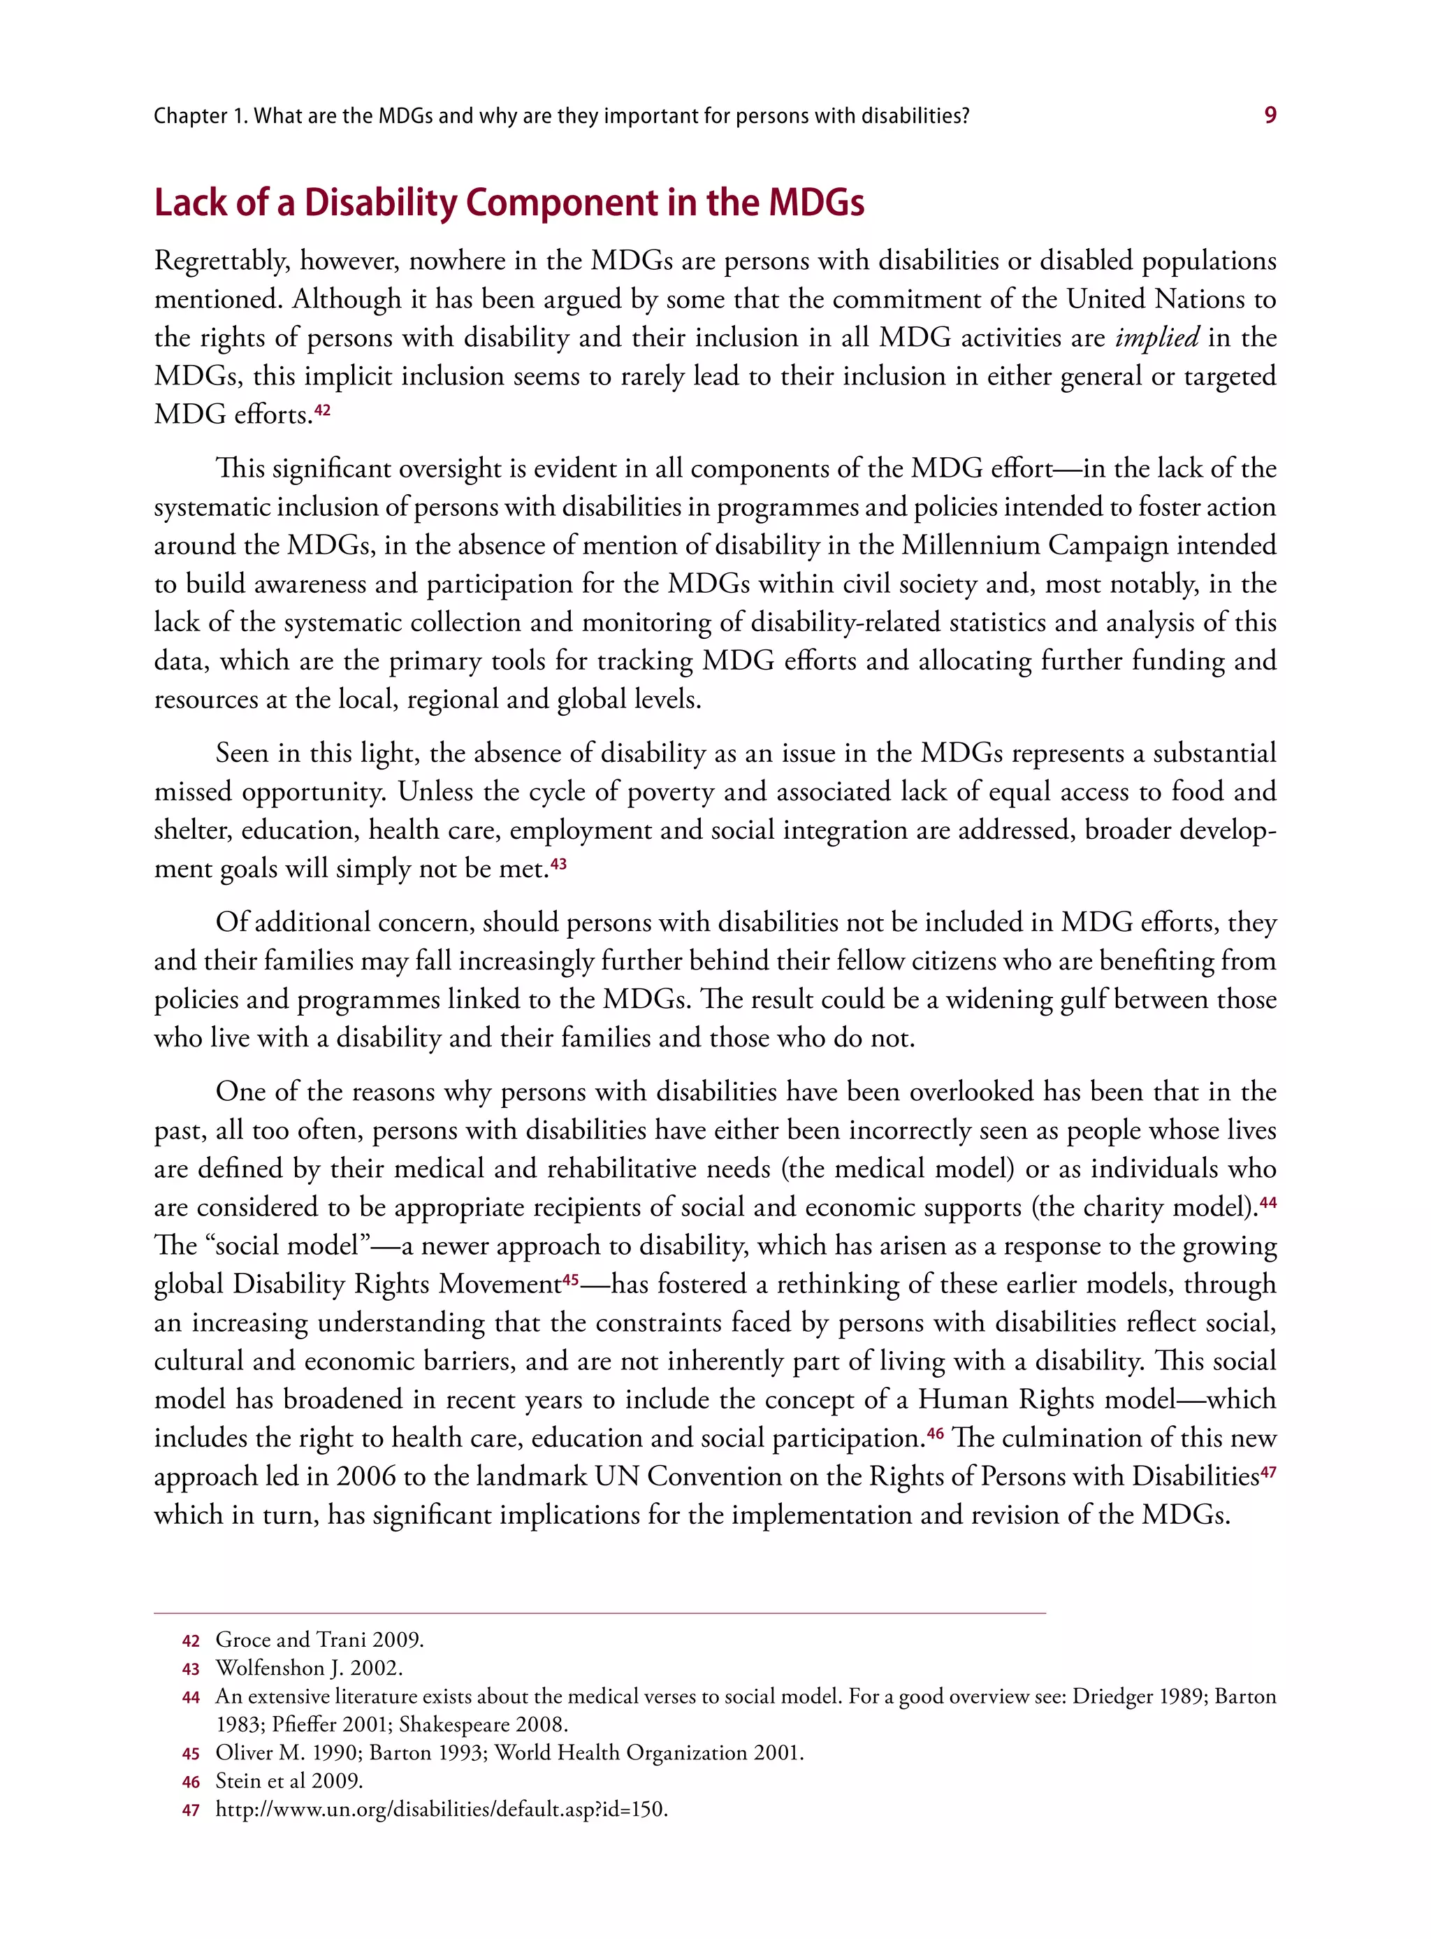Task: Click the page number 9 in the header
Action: tap(1270, 115)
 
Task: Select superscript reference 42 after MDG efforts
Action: tap(322, 410)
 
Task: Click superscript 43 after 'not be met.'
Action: tap(559, 864)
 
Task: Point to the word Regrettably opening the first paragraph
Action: tap(221, 261)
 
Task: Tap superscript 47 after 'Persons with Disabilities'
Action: tap(1268, 1470)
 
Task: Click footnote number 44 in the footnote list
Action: tap(191, 1697)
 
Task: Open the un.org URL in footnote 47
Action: tap(441, 1809)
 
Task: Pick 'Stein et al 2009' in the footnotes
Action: tap(289, 1780)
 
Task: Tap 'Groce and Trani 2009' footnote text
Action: tap(319, 1639)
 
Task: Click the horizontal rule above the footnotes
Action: tap(600, 1613)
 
